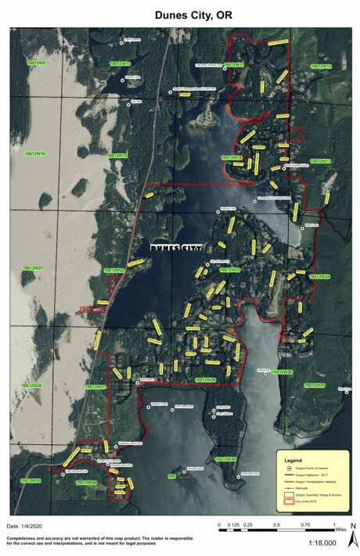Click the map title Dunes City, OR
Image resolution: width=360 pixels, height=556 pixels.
179,15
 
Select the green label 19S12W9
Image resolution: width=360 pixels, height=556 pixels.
35,63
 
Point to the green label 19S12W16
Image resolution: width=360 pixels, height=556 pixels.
35,155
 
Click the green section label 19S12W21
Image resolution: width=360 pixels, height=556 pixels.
32,268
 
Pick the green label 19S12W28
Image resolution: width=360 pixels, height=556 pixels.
31,386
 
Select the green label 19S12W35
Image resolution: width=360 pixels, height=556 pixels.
225,459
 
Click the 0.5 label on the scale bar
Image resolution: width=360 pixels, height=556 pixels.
276,525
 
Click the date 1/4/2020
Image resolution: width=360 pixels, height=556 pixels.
27,527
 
